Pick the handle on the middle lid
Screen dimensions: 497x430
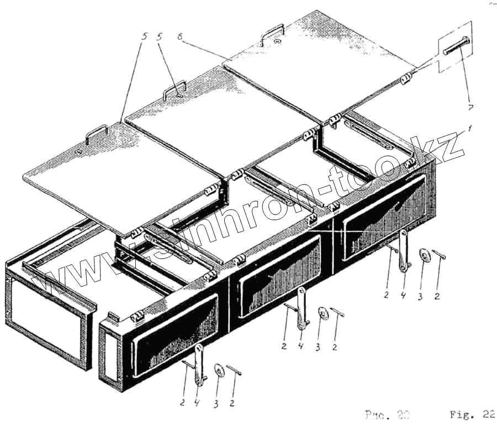(x=174, y=91)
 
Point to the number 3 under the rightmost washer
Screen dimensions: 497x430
(x=421, y=297)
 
